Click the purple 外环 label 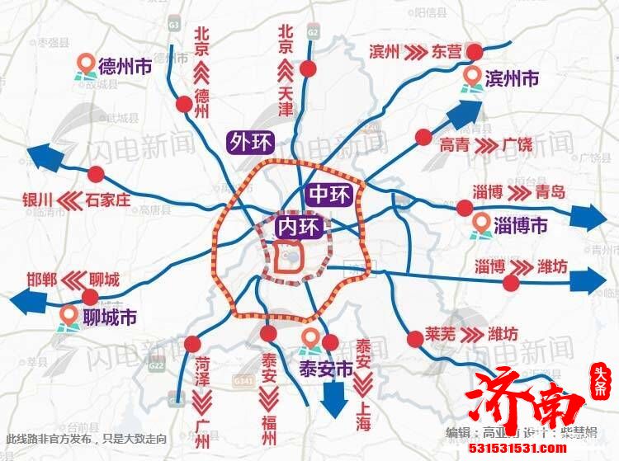tap(251, 142)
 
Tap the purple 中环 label tap(330, 195)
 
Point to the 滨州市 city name tap(512, 78)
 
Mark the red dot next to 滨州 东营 tap(475, 53)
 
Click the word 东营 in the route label tap(447, 51)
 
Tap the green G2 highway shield tap(312, 31)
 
